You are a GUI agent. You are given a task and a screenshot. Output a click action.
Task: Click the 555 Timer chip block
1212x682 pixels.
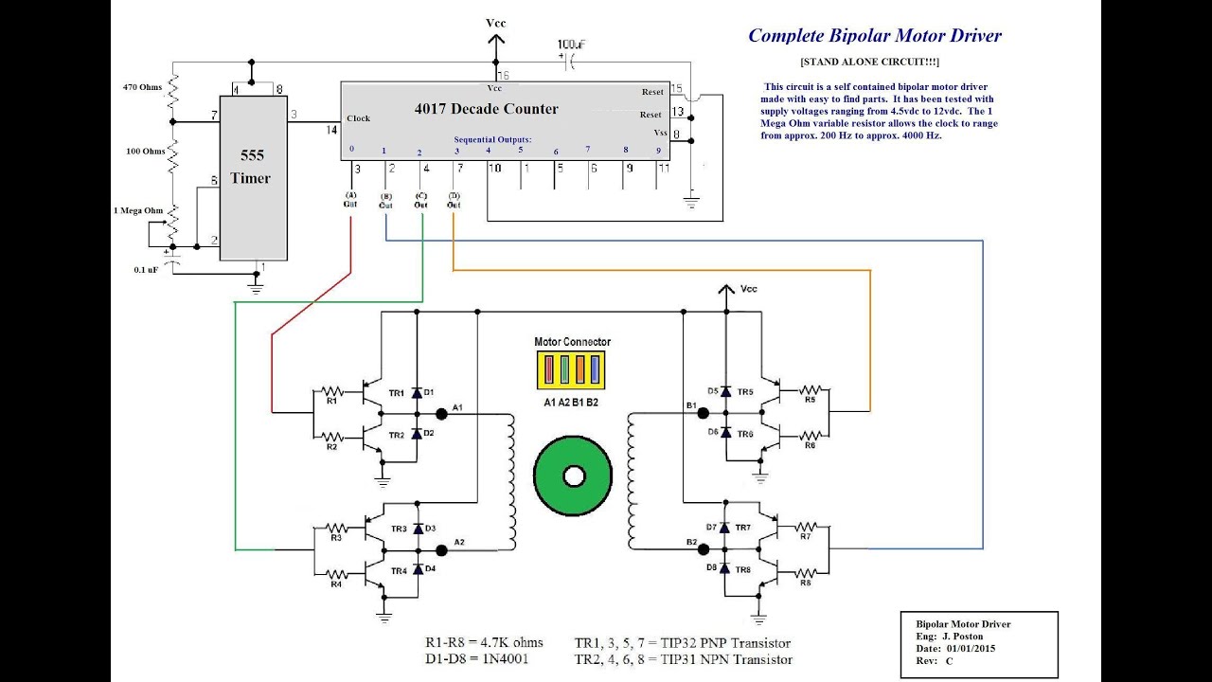point(254,176)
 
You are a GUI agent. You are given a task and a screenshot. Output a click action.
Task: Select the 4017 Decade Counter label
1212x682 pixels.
point(486,109)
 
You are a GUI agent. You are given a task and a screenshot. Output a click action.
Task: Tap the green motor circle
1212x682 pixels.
point(573,476)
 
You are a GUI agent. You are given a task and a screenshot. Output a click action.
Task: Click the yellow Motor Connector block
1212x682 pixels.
point(571,369)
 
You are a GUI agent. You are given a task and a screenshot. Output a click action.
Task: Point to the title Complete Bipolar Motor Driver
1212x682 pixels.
point(874,36)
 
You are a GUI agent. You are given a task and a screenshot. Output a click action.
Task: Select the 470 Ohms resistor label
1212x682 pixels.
point(143,87)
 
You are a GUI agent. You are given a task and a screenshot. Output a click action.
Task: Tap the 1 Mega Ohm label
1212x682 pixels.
point(136,210)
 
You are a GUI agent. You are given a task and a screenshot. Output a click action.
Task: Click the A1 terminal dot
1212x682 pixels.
point(441,414)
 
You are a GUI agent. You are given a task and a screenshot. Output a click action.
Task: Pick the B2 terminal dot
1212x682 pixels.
point(703,548)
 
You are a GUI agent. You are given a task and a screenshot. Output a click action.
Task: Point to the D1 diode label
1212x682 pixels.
point(429,392)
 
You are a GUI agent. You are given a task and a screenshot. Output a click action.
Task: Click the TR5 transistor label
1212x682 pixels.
point(744,392)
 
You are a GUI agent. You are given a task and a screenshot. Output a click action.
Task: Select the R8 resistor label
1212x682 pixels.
point(806,583)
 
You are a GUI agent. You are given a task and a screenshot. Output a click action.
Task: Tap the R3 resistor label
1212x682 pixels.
point(335,537)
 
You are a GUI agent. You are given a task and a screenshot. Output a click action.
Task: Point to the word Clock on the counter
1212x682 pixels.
point(359,118)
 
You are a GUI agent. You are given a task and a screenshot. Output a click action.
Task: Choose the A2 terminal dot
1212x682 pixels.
point(441,549)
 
